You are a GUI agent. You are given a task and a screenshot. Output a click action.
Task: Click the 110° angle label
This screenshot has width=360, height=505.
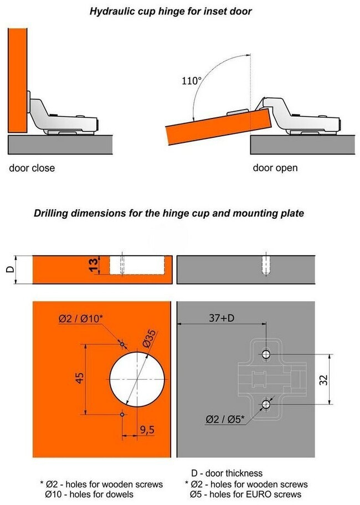pos(192,80)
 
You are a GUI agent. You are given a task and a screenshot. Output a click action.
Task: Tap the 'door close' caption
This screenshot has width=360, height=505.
pos(32,168)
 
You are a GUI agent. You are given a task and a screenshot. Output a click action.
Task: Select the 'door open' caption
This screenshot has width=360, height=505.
pos(275,168)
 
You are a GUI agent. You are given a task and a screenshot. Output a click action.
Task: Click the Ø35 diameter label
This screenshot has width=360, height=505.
pos(150,339)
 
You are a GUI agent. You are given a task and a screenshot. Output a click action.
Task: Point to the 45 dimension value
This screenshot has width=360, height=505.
pos(80,378)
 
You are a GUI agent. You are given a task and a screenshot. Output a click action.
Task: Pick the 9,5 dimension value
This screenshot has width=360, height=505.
pos(147,429)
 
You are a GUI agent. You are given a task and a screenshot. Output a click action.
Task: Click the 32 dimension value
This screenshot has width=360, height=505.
pos(324,380)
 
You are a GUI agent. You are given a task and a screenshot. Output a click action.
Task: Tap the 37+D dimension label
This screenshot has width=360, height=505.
pos(222,318)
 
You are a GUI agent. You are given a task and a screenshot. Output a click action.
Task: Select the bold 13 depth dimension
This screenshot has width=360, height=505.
pos(94,265)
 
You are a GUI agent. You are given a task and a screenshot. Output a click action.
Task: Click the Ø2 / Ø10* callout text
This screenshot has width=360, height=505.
pos(81,319)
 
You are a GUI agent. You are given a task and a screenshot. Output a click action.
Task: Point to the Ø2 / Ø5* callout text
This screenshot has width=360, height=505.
pos(225,419)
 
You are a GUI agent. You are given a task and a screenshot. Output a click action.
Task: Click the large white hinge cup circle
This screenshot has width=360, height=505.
pos(137,379)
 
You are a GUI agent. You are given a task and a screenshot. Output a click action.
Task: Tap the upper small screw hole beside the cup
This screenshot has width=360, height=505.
pos(122,344)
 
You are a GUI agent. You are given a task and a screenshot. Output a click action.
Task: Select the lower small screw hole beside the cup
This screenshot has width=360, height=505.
pos(122,415)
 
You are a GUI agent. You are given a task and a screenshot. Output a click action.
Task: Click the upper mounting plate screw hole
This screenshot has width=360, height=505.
pos(266,354)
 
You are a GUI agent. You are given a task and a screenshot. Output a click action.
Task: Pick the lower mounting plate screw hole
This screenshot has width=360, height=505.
pos(266,404)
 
